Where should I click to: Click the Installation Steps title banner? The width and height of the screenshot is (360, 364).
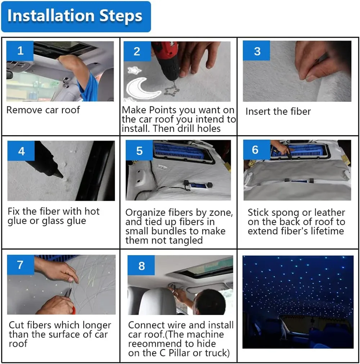pos(75,17)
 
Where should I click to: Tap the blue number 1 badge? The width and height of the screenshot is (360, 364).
pos(20,51)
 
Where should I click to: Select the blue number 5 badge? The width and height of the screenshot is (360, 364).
pos(139,150)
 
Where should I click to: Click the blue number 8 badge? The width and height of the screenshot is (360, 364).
pos(141,265)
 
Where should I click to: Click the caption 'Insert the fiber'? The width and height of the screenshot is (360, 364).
pos(278,112)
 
